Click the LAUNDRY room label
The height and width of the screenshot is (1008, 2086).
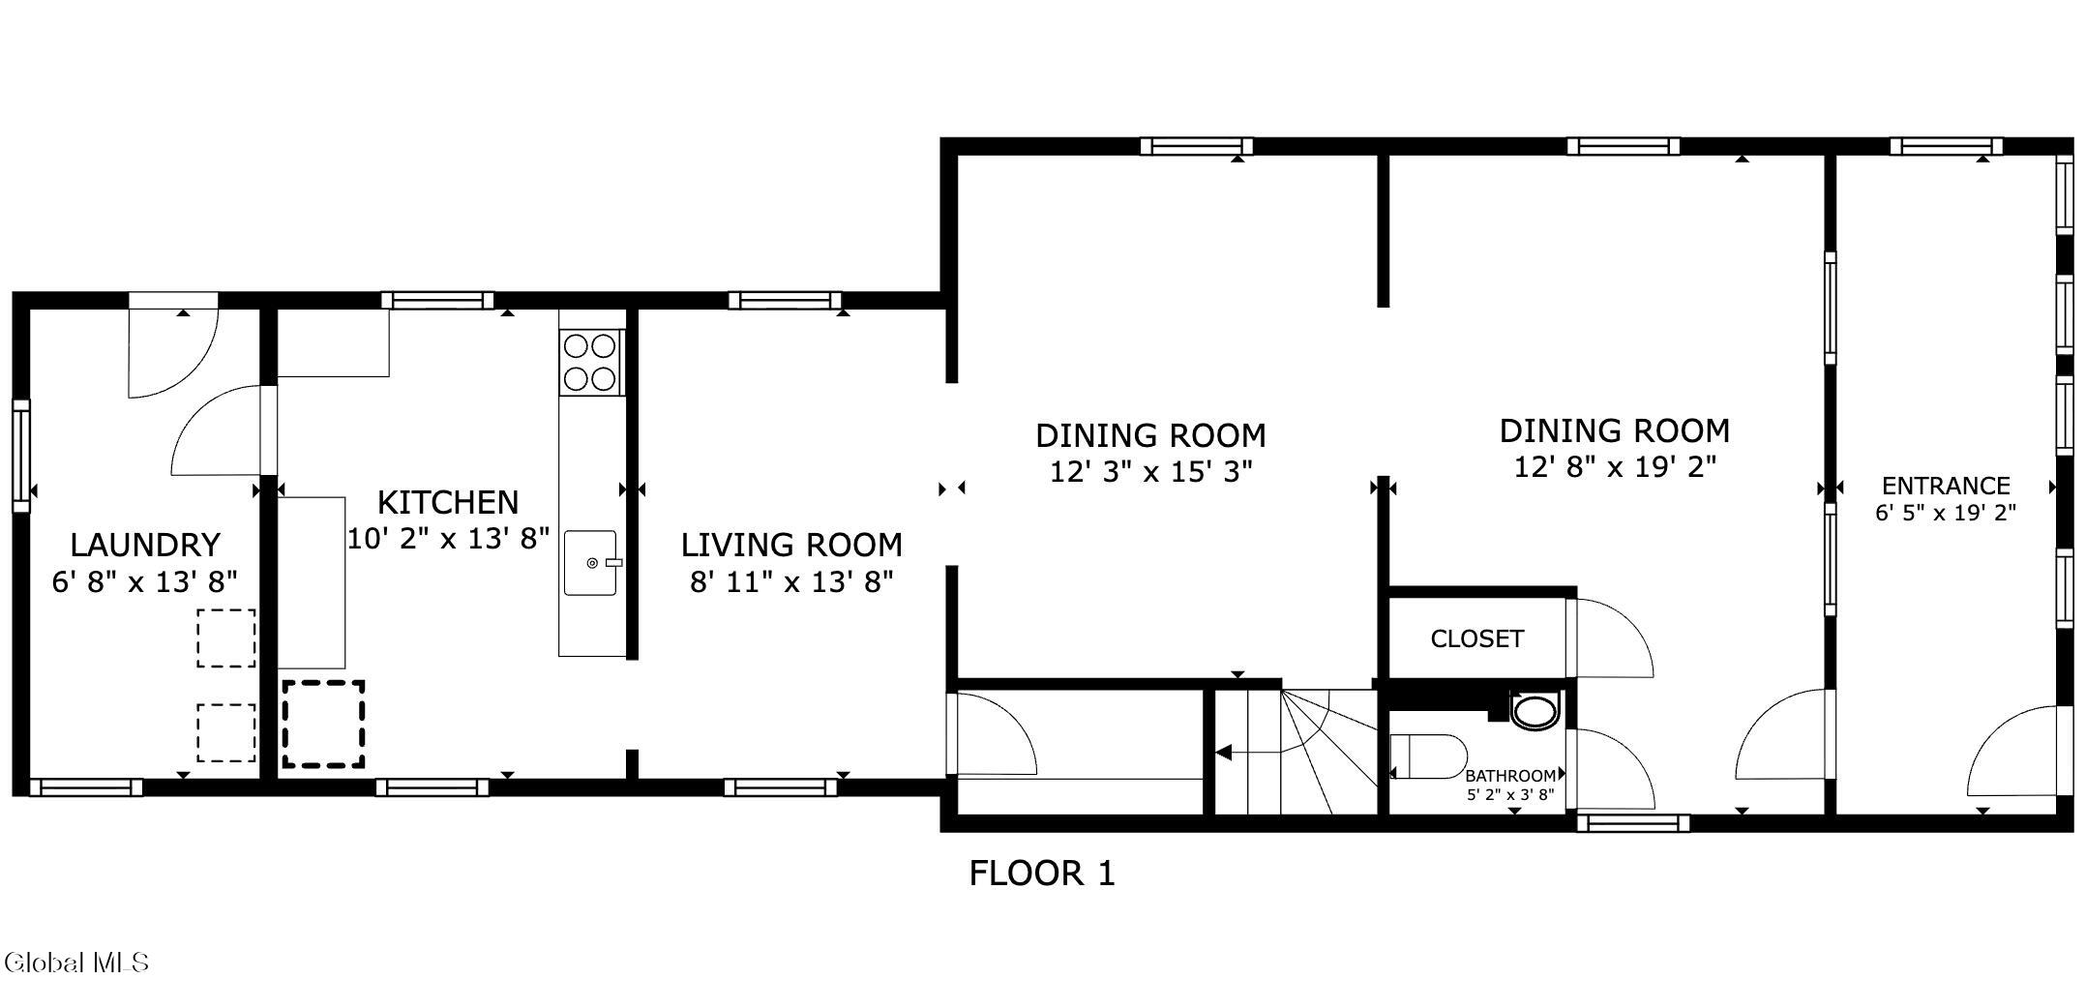[145, 545]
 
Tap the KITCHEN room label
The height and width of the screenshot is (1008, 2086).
[448, 502]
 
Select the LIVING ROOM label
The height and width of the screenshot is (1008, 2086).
[791, 545]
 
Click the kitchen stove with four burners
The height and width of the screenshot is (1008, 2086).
[591, 362]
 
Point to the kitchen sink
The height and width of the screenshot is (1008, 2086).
[591, 562]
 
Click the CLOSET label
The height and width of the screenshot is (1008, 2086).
[1476, 638]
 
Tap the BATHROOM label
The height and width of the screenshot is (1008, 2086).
[1510, 776]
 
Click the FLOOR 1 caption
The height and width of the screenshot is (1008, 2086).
[1042, 874]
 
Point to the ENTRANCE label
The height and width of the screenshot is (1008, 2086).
[1946, 486]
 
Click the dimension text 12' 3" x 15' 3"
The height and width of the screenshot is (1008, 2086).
[1151, 472]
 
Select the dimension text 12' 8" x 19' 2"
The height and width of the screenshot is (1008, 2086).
[1615, 467]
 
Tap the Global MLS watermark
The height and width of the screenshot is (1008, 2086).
[76, 963]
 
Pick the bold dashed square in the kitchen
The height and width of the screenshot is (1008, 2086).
[323, 725]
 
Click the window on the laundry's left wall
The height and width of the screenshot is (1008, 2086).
[21, 455]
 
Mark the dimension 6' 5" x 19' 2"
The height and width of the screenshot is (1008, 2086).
[1946, 513]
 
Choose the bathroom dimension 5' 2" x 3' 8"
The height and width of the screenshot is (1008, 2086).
[1510, 795]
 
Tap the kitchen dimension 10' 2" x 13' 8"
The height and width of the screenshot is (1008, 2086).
[448, 539]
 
